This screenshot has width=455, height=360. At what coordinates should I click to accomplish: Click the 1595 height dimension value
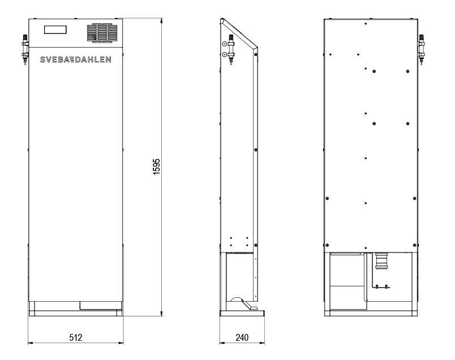pos(156,166)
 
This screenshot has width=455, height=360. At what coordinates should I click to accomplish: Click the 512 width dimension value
pos(76,337)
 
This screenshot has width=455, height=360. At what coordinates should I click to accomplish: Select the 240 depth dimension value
pos(242,337)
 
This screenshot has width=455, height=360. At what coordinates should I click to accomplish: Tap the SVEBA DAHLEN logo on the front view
pos(75,59)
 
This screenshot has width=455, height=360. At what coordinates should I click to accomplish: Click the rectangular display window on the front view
pos(55,29)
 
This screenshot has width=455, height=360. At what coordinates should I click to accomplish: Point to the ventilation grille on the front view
pos(102,33)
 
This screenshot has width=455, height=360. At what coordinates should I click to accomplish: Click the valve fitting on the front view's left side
pos(25,49)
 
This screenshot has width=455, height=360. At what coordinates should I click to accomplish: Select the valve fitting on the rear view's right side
pos(421,49)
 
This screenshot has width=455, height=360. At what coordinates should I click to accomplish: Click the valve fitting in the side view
pos(231,49)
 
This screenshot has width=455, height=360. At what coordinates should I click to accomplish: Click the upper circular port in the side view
pos(224,44)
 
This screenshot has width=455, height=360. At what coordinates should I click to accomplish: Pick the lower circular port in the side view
pos(224,54)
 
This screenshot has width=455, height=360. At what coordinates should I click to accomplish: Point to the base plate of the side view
pos(242,313)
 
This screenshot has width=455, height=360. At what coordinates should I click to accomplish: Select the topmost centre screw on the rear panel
pos(366,24)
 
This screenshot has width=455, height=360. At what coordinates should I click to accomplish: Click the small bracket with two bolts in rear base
pos(381,286)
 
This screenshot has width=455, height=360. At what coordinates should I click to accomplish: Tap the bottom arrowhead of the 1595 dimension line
pos(162,314)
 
